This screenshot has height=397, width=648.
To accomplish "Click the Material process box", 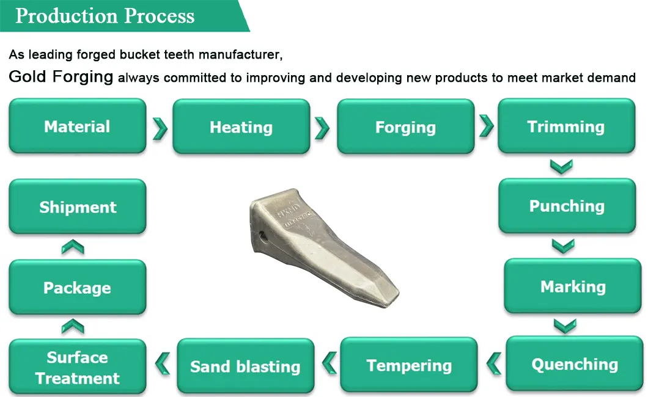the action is click(77, 126).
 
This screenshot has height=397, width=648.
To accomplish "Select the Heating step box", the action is click(241, 126).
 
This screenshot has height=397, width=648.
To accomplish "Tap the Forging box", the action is click(405, 126).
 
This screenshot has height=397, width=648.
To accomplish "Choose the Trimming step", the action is click(566, 126).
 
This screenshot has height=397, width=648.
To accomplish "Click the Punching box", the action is click(567, 206).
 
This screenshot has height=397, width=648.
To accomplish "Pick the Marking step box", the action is click(573, 286).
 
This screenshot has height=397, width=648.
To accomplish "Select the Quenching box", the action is click(575, 363).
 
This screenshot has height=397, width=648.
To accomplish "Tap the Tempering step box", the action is click(409, 365).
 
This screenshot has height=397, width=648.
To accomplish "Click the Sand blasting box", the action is click(246, 366).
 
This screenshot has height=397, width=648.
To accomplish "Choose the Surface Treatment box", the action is click(77, 366).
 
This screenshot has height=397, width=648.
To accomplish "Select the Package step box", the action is click(77, 287).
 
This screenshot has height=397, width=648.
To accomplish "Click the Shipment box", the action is click(77, 206).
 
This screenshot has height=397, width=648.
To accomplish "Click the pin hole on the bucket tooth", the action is click(262, 236).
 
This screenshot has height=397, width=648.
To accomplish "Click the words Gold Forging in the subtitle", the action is click(61, 77).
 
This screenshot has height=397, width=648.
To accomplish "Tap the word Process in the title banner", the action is click(159, 16).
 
